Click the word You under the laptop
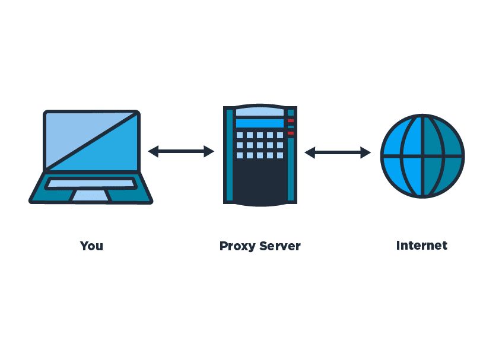[x=91, y=246]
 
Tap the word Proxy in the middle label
[x=237, y=246]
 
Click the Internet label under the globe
[x=421, y=245]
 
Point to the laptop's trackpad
[x=90, y=196]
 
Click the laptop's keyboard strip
[x=91, y=184]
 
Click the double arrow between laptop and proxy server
[x=181, y=152]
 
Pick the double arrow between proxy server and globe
[x=338, y=152]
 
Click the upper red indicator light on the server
[x=291, y=121]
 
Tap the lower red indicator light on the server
[x=291, y=133]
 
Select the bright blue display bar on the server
[x=259, y=123]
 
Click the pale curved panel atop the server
[x=259, y=111]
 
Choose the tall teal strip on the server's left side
[x=228, y=154]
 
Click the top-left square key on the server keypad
[x=240, y=135]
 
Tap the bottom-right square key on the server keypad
[x=279, y=155]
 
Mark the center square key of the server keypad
[x=260, y=145]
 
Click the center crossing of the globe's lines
[x=422, y=157]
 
